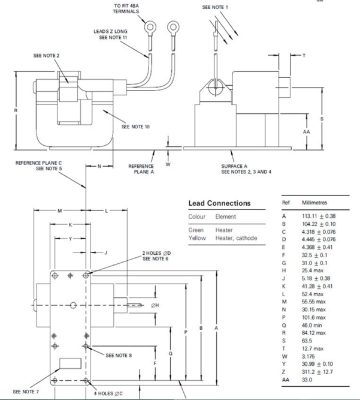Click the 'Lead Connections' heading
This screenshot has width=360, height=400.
[x=219, y=203]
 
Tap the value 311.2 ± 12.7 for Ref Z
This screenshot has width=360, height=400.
[x=317, y=371]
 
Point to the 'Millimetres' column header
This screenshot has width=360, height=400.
[x=314, y=203]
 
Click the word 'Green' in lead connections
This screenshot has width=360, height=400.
[x=196, y=230]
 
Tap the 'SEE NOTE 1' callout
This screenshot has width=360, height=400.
[x=216, y=7]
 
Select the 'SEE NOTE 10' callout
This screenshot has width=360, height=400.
[x=136, y=127]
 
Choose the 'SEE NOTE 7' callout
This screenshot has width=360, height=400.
[x=26, y=392]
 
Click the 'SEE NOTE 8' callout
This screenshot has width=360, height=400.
[x=119, y=355]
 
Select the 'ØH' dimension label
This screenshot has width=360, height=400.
[x=155, y=305]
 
